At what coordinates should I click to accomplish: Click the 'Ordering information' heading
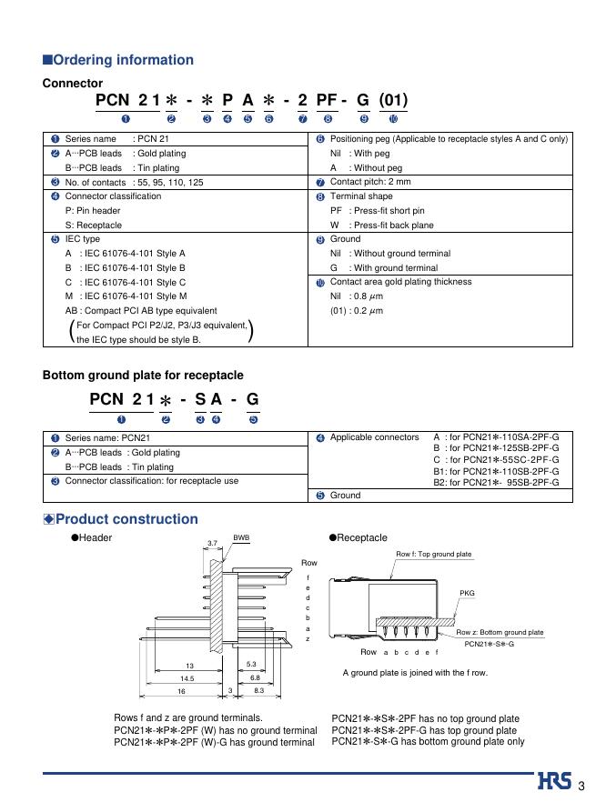coord(123,60)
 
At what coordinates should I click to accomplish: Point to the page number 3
coord(581,786)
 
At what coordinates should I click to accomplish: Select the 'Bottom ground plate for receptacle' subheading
coord(143,375)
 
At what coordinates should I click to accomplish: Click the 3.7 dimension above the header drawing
coord(213,543)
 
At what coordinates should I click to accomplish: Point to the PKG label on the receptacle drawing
coord(467,594)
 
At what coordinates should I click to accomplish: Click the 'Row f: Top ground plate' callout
coord(434,554)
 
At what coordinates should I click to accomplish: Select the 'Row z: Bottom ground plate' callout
coord(500,632)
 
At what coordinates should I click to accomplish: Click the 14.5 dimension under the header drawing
coord(187,678)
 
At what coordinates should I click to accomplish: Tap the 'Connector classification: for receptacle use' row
coord(149,480)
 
